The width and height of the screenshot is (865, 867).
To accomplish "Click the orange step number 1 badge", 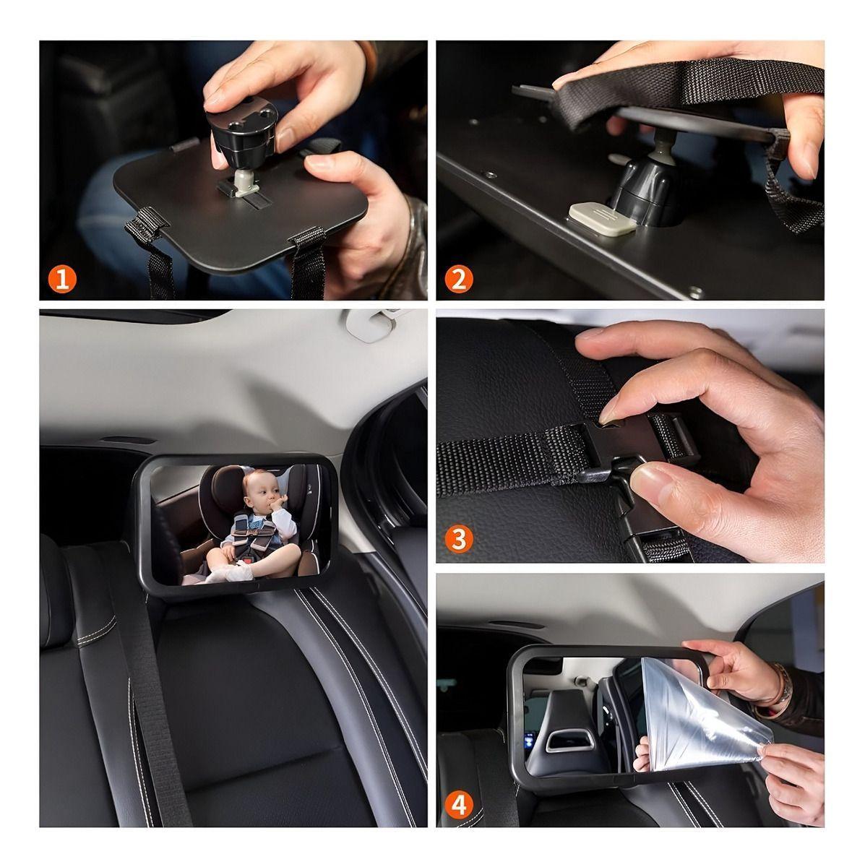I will click(63, 279).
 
